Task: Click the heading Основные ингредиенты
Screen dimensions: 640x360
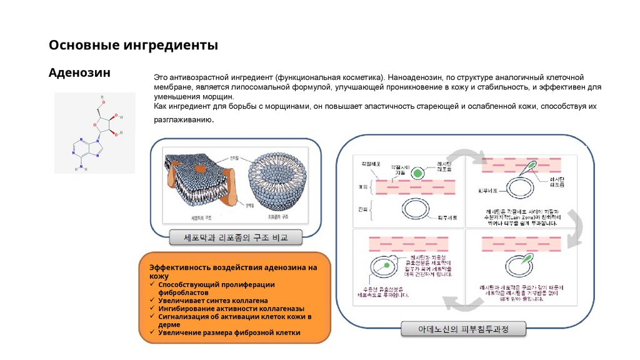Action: (134, 46)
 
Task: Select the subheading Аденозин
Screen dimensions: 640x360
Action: (79, 73)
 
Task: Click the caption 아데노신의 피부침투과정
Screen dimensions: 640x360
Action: (463, 329)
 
